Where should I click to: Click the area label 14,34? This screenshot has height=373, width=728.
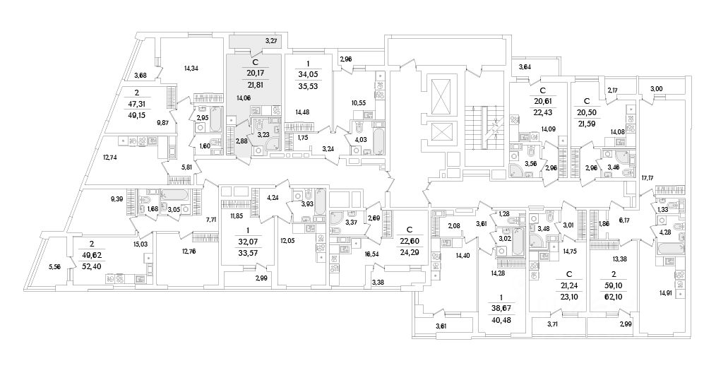191,69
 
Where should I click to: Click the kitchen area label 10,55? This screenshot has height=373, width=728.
359,103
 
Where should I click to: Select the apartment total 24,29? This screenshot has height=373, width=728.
409,251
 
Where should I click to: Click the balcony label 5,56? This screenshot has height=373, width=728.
54,267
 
